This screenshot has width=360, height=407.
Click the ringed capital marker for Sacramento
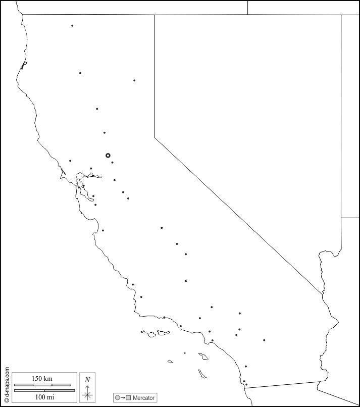[108, 156]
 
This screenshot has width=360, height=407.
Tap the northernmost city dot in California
[72, 26]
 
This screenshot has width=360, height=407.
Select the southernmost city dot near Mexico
[246, 385]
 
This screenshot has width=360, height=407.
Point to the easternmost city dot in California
[264, 340]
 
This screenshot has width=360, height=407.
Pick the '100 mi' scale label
[44, 397]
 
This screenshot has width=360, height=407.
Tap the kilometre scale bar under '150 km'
[42, 385]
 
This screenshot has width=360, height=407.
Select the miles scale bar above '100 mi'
[44, 390]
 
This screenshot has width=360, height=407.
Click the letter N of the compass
[87, 380]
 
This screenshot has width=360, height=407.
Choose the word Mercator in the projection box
[143, 398]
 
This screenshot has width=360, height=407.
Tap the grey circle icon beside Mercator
[118, 398]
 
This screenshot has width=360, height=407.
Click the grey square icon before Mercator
[128, 398]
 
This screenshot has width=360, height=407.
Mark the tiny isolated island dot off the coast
[185, 353]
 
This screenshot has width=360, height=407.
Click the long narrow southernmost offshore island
[202, 374]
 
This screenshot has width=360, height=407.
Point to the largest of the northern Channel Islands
[163, 333]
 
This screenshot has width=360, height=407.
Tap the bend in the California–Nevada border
[155, 137]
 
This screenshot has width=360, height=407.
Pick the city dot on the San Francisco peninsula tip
[79, 187]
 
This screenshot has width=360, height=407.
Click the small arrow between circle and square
[123, 398]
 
